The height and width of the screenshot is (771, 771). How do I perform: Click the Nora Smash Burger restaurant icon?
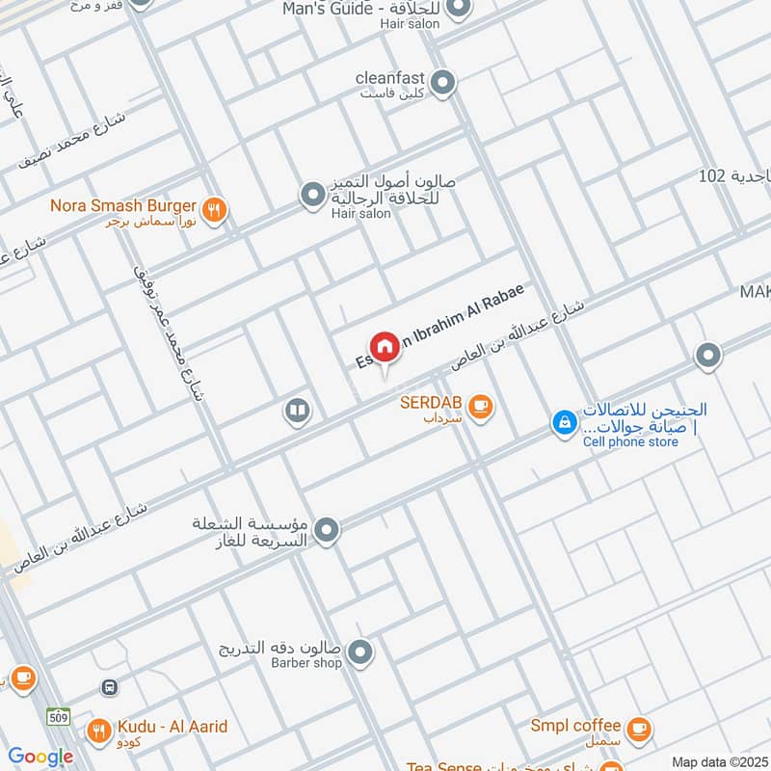click(215, 208)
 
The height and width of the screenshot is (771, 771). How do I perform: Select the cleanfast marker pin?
click(442, 83)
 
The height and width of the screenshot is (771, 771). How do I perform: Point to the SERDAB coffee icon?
click(482, 408)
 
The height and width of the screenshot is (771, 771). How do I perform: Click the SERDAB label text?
click(430, 402)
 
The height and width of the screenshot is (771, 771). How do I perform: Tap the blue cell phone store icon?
click(563, 422)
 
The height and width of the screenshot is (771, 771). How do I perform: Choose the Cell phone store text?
click(630, 442)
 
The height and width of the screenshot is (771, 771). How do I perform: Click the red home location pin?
click(385, 347)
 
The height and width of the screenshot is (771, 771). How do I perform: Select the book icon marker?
click(297, 412)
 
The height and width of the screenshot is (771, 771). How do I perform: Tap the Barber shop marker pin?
click(360, 654)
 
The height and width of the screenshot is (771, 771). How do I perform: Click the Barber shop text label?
click(306, 663)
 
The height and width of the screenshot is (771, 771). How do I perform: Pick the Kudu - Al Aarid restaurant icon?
click(97, 731)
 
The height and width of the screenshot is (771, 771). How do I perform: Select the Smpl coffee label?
click(574, 725)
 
